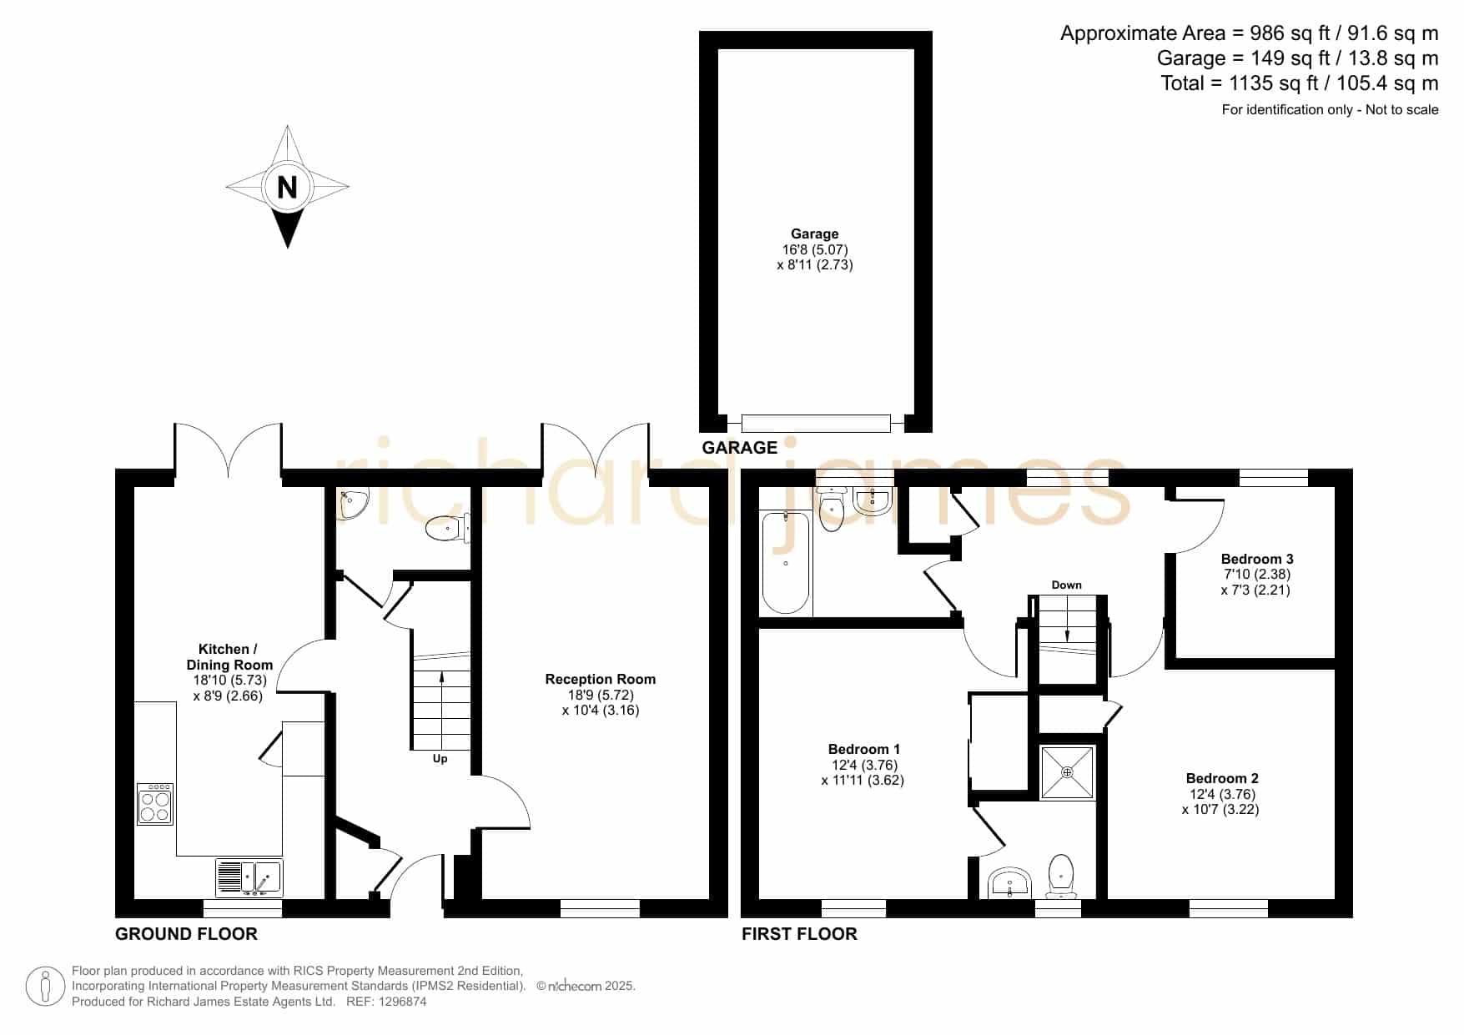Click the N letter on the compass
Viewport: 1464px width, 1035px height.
287,187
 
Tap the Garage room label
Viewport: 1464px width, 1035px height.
815,234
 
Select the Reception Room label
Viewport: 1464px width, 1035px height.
601,680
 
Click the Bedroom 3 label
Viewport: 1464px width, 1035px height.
1257,559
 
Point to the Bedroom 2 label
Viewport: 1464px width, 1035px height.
1222,778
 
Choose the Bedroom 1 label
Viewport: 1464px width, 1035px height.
864,749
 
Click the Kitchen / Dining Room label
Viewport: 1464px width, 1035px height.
229,657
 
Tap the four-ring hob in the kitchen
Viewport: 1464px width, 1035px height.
155,804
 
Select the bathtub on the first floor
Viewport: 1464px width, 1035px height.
786,563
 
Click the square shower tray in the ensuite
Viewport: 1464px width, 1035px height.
1067,773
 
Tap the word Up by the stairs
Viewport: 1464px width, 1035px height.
440,759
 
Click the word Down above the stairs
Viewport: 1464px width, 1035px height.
1066,585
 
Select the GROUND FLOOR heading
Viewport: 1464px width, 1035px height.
186,934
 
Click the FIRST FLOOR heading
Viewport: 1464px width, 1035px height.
799,934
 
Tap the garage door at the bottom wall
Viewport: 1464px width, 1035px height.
816,423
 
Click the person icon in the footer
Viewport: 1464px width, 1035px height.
46,987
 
